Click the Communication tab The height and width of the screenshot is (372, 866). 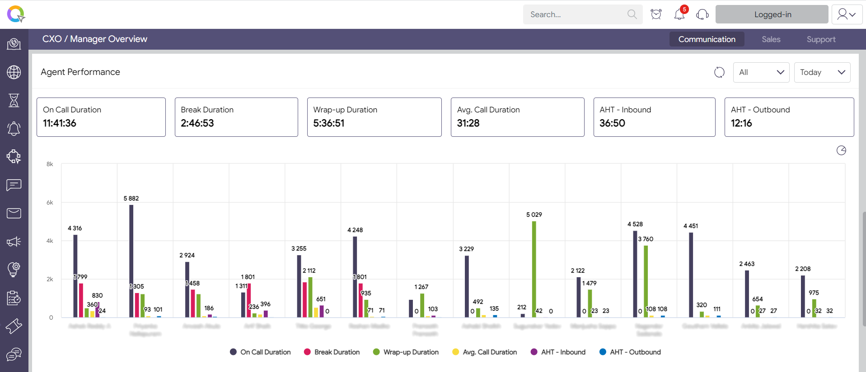707,39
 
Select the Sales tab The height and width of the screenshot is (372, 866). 771,39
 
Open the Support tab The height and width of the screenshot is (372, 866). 821,39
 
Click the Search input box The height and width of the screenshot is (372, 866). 576,14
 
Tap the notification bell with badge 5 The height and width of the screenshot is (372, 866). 679,14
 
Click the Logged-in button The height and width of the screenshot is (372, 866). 772,14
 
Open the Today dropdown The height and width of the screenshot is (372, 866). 822,72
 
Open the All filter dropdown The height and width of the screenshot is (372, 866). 761,72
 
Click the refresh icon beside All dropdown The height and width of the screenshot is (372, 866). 719,72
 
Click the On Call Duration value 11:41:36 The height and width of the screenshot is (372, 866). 60,123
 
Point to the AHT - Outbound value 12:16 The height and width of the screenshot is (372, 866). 741,123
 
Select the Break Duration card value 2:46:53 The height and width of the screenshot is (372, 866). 197,123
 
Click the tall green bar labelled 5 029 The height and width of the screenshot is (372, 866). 534,269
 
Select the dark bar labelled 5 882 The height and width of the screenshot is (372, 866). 131,261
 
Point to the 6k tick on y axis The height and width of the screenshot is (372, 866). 50,203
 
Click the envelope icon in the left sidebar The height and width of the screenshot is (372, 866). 14,213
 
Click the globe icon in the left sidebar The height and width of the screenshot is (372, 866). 14,72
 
